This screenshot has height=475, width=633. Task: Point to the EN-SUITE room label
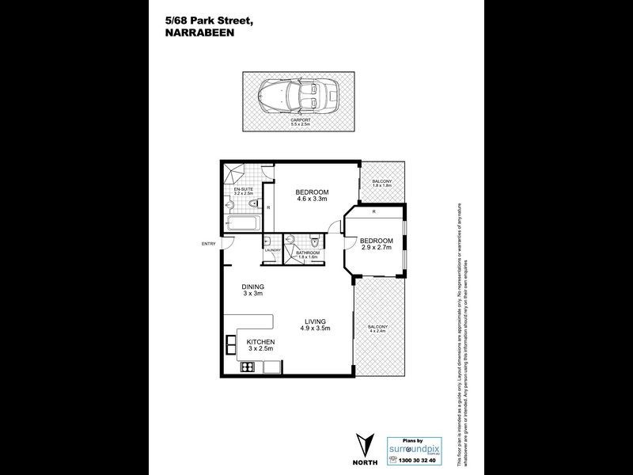click(243, 192)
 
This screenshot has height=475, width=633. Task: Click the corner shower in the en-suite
click(234, 173)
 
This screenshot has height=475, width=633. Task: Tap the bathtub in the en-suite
click(242, 221)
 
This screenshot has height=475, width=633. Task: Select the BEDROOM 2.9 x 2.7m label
click(376, 245)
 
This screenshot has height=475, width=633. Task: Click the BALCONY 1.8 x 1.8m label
click(383, 184)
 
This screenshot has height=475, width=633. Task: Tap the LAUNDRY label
click(272, 250)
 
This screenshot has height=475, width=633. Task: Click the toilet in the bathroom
click(315, 241)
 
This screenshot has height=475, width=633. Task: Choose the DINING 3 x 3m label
click(253, 290)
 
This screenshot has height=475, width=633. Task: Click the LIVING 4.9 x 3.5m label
click(316, 324)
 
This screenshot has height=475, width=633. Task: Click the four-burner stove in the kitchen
click(247, 367)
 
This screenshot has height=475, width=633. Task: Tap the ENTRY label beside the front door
click(209, 243)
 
